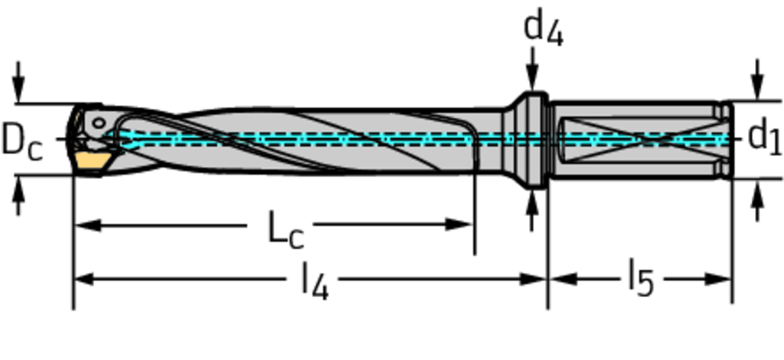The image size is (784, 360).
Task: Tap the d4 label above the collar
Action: click(543, 29)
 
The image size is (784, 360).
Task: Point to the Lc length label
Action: click(285, 229)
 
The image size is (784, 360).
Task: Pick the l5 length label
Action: click(641, 279)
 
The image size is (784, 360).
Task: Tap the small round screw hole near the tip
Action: click(99, 123)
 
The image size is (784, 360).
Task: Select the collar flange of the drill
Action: click(531, 140)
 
